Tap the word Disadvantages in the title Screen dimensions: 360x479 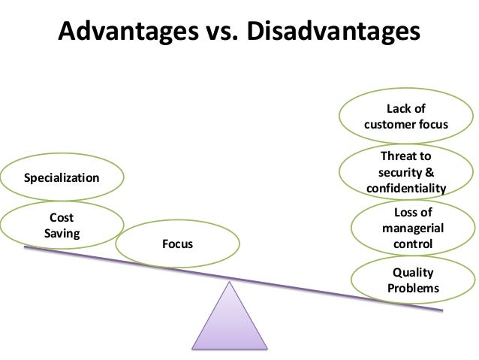[x=333, y=32]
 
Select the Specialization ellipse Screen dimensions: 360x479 [x=62, y=178]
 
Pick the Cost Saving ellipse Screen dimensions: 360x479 [x=62, y=225]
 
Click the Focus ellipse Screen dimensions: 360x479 [x=178, y=244]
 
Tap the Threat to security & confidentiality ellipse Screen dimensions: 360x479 [x=406, y=172]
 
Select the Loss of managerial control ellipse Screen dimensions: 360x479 [x=412, y=228]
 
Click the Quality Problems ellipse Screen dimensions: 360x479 [x=413, y=280]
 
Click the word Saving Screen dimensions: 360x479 [x=62, y=233]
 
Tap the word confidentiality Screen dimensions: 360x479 [x=406, y=188]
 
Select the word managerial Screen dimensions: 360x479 [x=413, y=228]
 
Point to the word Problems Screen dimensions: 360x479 [x=413, y=289]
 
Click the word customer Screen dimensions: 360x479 [x=393, y=123]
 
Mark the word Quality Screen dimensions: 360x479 [x=413, y=273]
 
